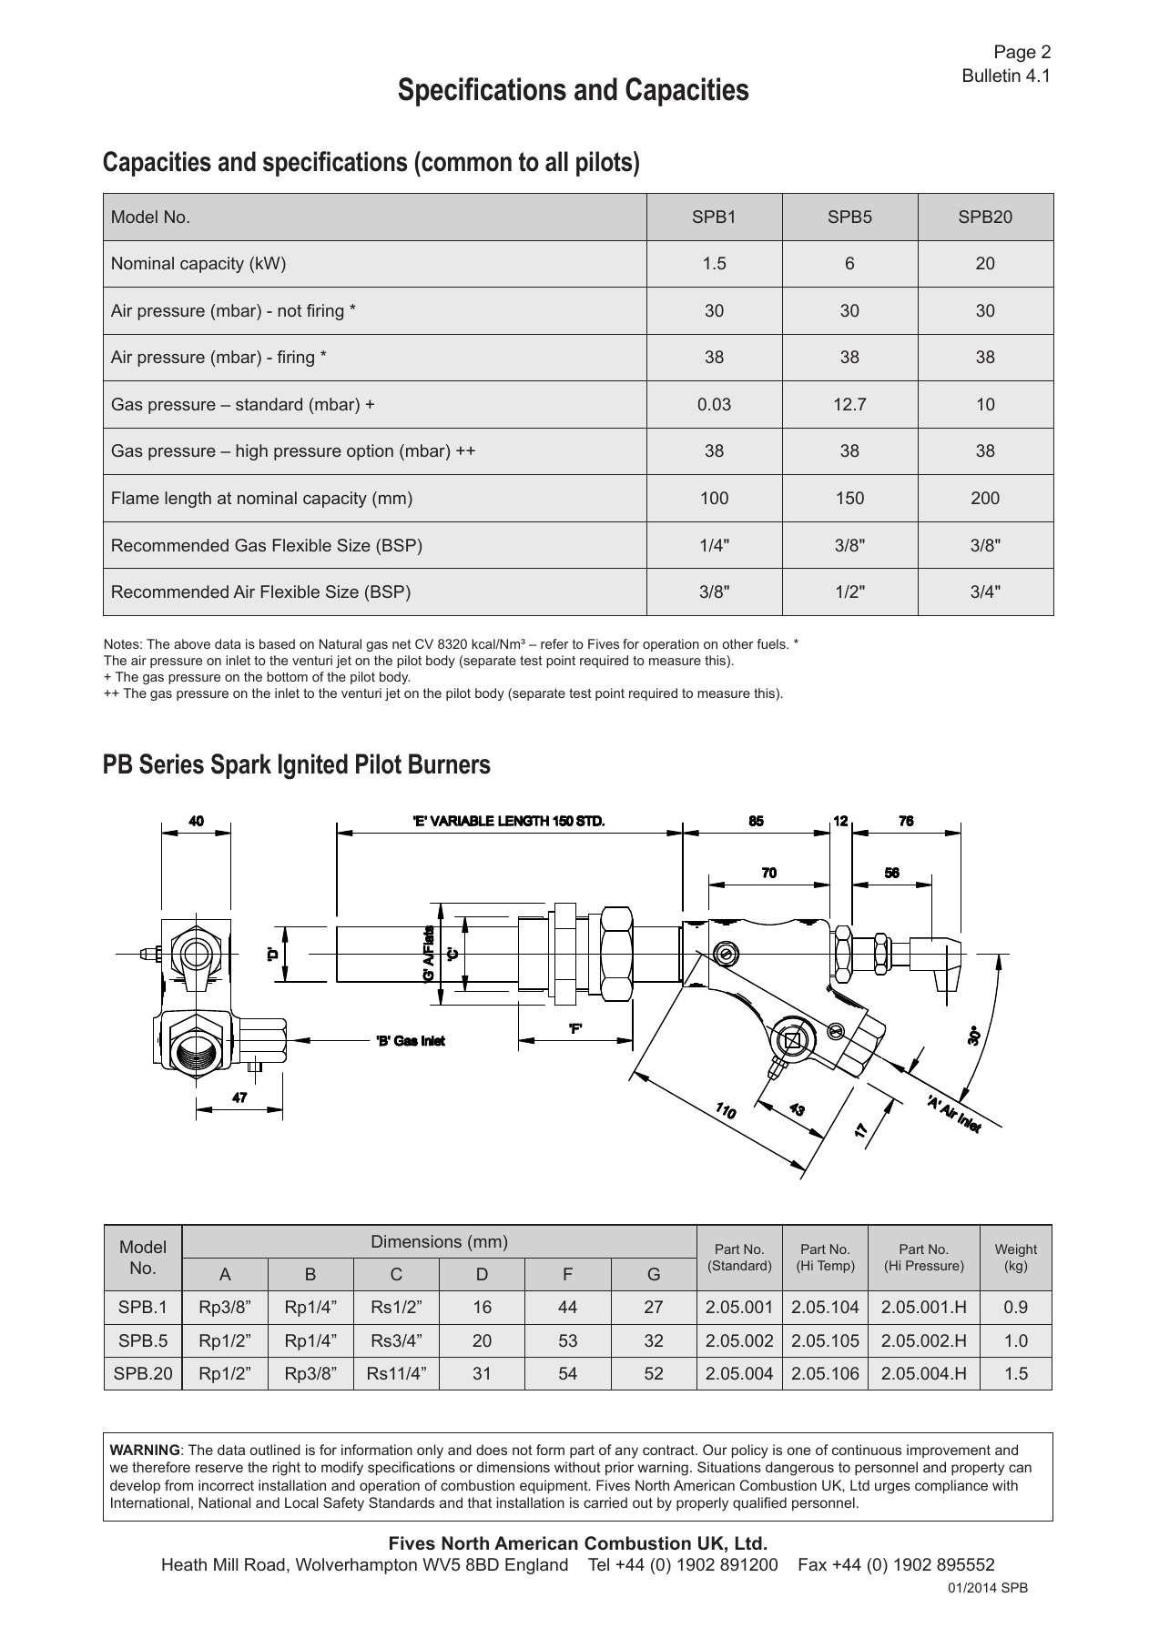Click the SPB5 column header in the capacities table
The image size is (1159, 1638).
pyautogui.click(x=849, y=217)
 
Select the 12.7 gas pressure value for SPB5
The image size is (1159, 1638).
pyautogui.click(x=849, y=404)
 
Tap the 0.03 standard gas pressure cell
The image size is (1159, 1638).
pyautogui.click(x=714, y=404)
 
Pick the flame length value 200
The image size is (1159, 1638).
pyautogui.click(x=984, y=498)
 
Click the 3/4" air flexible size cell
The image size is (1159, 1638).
pyautogui.click(x=984, y=592)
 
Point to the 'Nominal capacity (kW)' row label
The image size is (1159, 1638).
pyautogui.click(x=198, y=264)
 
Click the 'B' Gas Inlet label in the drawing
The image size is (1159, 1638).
pyautogui.click(x=411, y=1041)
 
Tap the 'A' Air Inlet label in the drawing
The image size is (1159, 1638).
pyautogui.click(x=953, y=1114)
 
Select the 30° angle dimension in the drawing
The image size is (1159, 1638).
pyautogui.click(x=973, y=1036)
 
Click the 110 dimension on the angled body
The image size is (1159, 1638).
pyautogui.click(x=726, y=1110)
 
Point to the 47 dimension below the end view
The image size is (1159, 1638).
pyautogui.click(x=239, y=1097)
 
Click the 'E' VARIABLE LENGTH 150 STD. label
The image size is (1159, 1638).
pyautogui.click(x=509, y=821)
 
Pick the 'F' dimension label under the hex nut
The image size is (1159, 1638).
pyautogui.click(x=575, y=1029)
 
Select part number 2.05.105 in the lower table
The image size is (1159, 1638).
pyautogui.click(x=825, y=1340)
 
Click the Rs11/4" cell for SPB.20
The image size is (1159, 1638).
pyautogui.click(x=396, y=1373)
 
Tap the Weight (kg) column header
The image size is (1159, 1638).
pyautogui.click(x=1015, y=1258)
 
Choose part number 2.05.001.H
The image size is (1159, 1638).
pyautogui.click(x=923, y=1308)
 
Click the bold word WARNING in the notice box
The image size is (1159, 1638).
pyautogui.click(x=145, y=1451)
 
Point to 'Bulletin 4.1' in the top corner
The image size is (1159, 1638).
pyautogui.click(x=1006, y=76)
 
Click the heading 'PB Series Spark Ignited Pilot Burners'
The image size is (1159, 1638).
pyautogui.click(x=297, y=765)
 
